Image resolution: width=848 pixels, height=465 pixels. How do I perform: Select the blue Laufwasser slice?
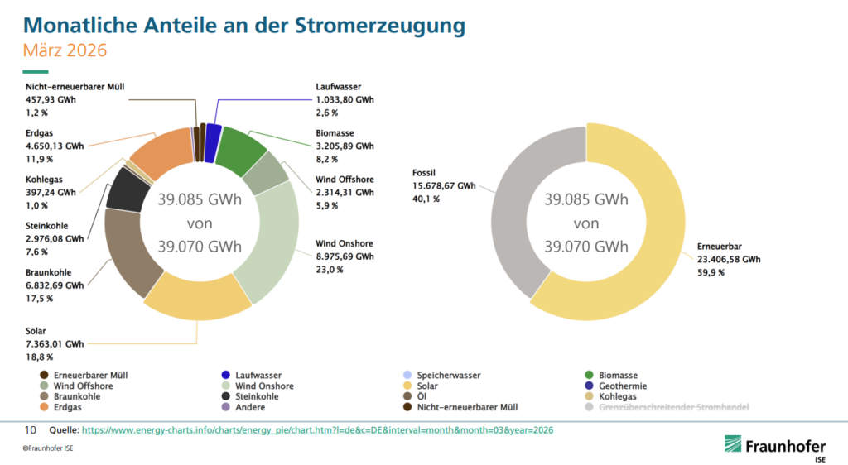(213, 133)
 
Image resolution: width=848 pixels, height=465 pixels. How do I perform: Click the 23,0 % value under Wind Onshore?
(330, 269)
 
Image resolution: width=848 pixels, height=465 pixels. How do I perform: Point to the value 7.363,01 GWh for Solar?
(55, 343)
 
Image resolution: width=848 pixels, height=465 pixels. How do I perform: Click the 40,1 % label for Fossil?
(426, 199)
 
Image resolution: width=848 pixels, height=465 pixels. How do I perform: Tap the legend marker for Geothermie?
(590, 386)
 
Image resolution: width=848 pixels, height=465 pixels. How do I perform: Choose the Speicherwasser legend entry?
(447, 375)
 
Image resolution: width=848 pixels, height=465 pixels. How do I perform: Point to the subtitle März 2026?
(65, 50)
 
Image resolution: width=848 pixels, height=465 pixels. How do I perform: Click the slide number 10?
(30, 430)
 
